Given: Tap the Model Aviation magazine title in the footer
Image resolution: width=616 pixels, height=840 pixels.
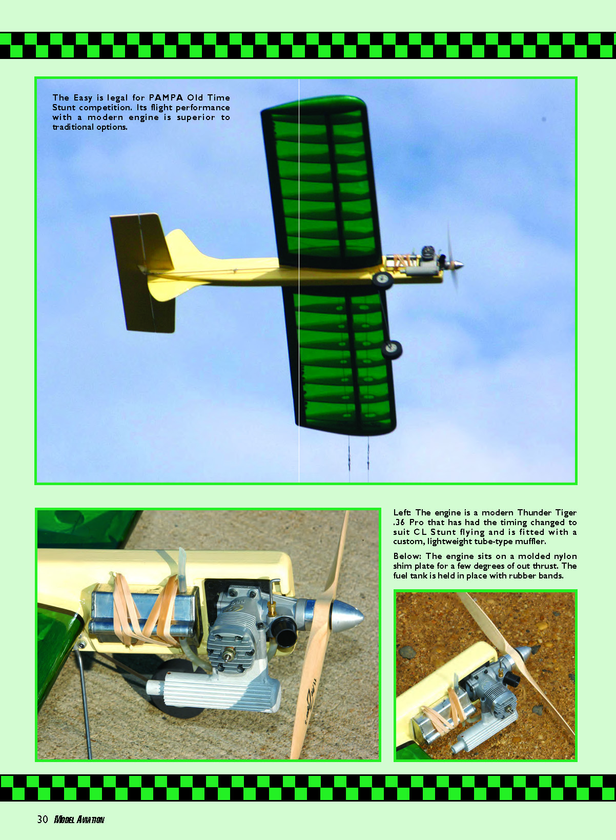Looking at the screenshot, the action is click(x=79, y=820).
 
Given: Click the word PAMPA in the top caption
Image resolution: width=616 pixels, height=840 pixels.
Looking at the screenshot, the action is click(x=166, y=97).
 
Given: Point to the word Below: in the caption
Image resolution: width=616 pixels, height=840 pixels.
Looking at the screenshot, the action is click(x=406, y=556).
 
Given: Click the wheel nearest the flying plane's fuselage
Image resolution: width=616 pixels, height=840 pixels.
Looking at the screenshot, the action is click(x=382, y=279).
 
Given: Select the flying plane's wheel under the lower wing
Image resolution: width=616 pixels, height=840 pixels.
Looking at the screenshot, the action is click(x=392, y=349).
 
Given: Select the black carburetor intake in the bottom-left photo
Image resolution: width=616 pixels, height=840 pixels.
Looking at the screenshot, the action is click(x=284, y=631).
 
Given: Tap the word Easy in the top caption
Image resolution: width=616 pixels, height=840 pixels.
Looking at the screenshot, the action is click(x=83, y=98).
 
